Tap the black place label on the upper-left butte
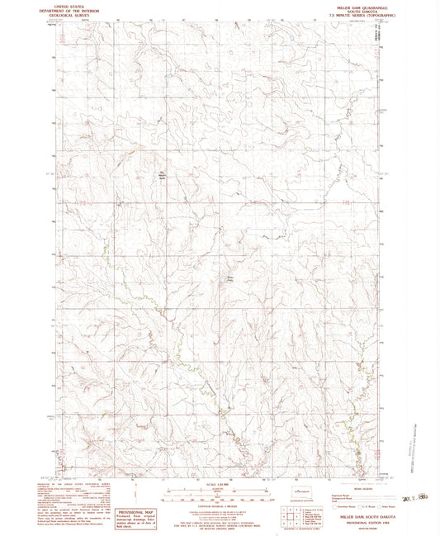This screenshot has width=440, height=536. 162,173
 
